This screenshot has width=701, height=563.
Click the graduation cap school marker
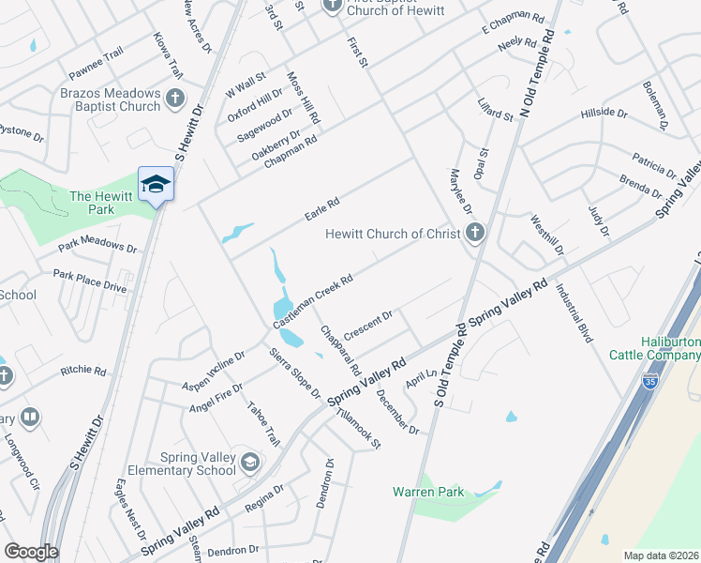point(156,184)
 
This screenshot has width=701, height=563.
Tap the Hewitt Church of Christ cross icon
point(475,233)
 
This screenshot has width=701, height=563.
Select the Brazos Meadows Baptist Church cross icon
point(174,98)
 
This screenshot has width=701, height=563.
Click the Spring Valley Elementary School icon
point(249,462)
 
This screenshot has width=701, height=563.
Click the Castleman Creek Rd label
point(312,300)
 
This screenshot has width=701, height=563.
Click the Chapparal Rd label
point(335,347)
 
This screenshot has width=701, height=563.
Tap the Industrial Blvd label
point(575,313)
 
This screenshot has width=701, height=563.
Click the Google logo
point(31,552)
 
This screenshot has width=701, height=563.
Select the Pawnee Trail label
point(96,62)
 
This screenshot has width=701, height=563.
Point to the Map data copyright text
point(659,555)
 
